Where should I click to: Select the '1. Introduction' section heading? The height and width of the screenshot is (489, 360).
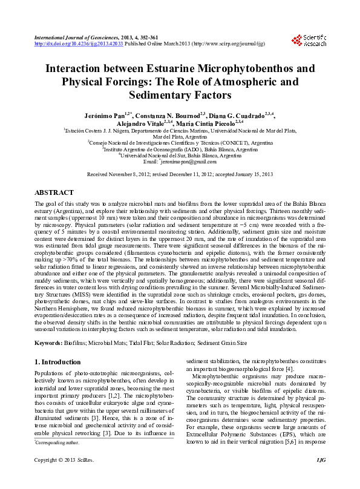click(57, 362)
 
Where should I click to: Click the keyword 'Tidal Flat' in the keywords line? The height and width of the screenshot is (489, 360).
click(142, 343)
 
